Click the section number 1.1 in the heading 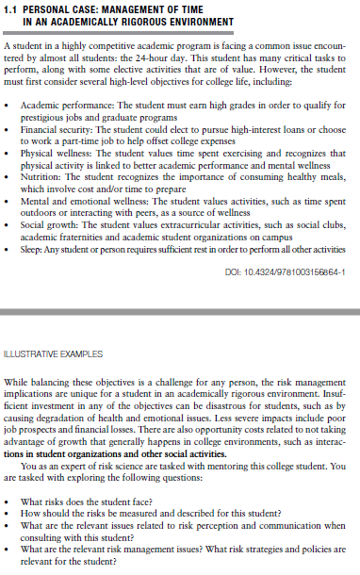13,8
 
